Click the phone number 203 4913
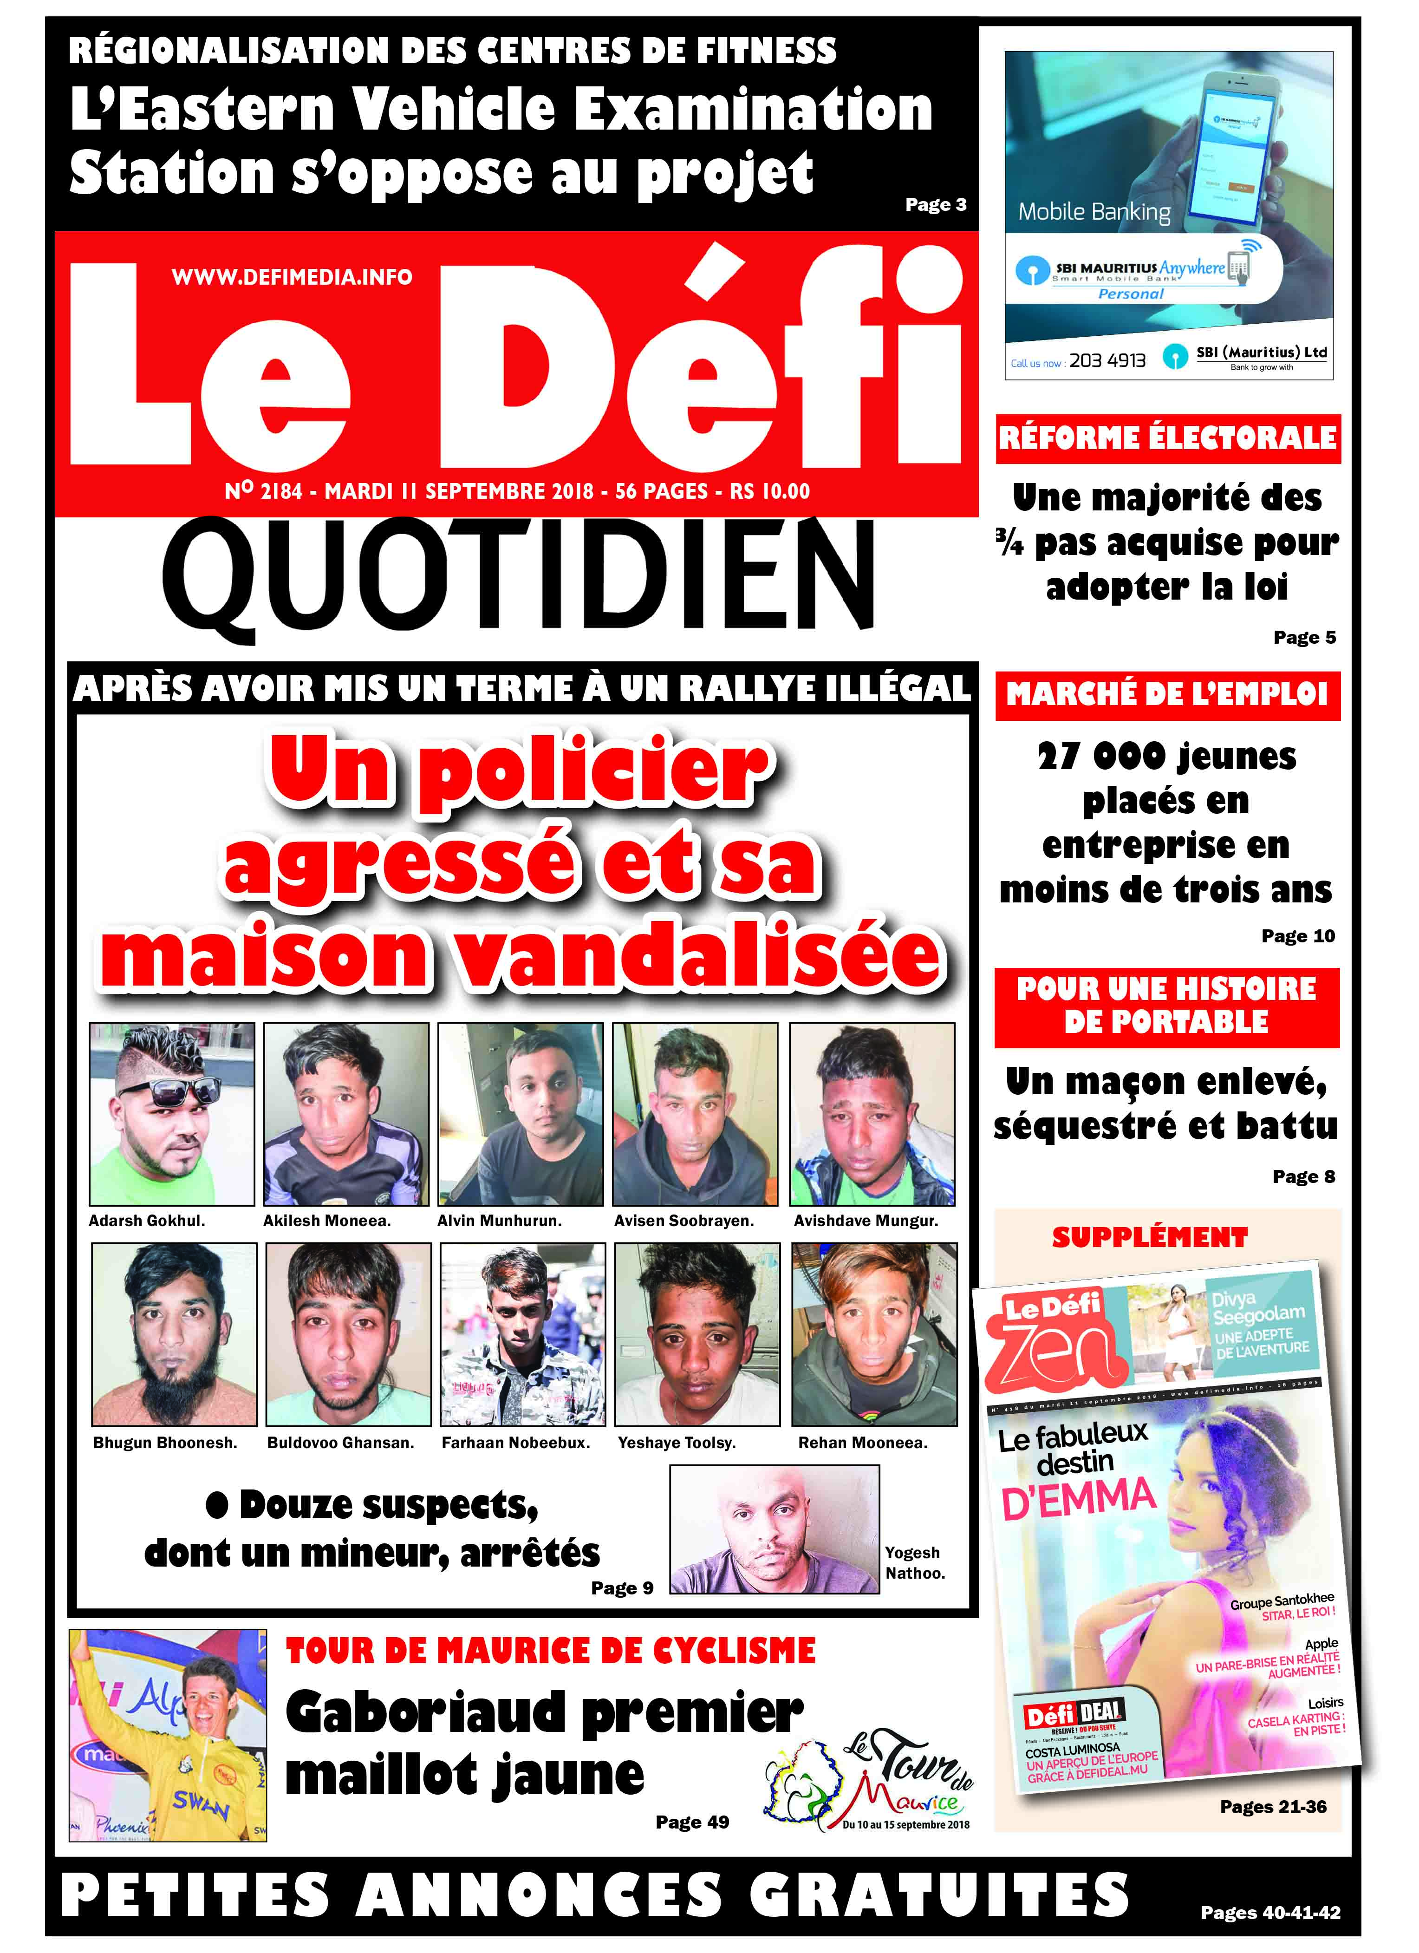tap(1107, 361)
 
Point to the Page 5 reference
tap(1304, 637)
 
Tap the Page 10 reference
tap(1298, 936)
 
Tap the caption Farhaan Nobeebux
tap(516, 1443)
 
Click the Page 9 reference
tap(622, 1588)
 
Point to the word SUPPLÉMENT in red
tap(1150, 1237)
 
